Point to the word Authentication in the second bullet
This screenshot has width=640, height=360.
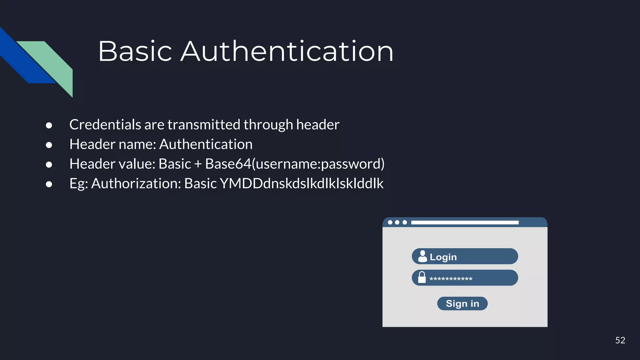(206, 144)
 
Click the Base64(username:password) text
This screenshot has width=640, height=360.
(295, 164)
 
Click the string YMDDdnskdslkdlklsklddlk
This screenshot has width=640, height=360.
(302, 183)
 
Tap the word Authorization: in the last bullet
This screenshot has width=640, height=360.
(136, 183)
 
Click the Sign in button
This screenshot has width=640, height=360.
(462, 303)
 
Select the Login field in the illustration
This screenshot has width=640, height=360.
(465, 257)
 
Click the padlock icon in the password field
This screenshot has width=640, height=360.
(422, 277)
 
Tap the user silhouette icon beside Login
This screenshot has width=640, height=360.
(422, 256)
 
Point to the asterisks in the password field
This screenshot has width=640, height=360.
(451, 279)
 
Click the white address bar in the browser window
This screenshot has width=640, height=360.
(465, 222)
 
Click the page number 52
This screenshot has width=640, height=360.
(620, 340)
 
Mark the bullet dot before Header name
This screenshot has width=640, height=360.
(49, 145)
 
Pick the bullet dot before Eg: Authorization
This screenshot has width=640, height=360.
(49, 184)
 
